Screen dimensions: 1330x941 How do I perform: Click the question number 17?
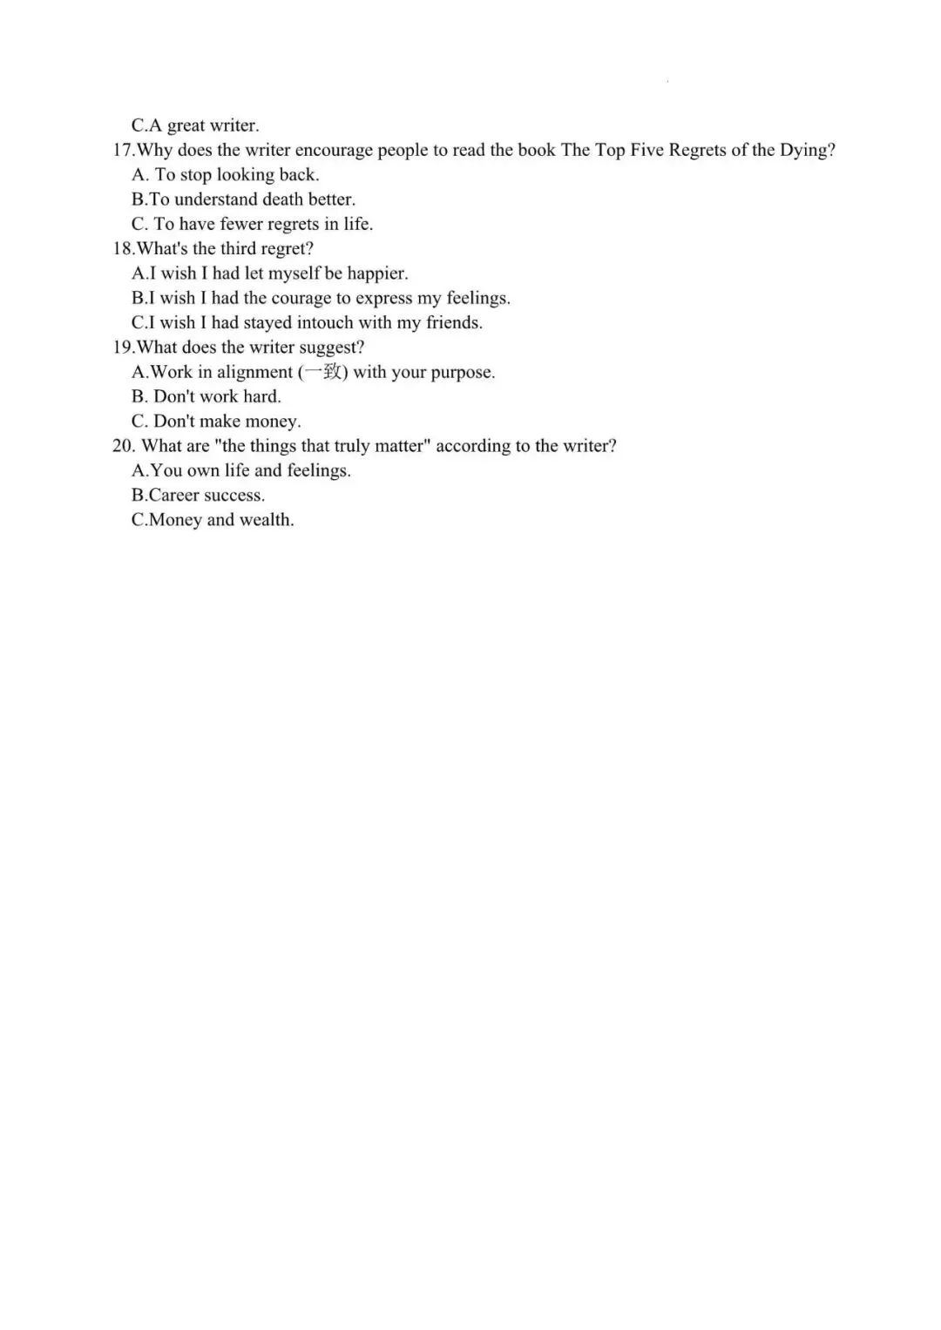coord(122,150)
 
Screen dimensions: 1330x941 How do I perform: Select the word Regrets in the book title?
coord(696,151)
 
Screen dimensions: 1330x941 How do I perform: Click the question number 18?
coord(122,248)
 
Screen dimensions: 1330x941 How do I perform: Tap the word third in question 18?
coord(239,248)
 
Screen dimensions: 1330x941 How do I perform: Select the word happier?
coord(376,273)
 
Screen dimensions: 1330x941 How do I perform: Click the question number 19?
coord(122,347)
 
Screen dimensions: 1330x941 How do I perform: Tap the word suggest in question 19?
coord(330,348)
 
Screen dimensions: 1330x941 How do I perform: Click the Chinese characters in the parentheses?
coord(322,372)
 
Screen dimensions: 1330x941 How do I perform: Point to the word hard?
coord(261,396)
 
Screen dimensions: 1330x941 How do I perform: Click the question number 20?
coord(123,445)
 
